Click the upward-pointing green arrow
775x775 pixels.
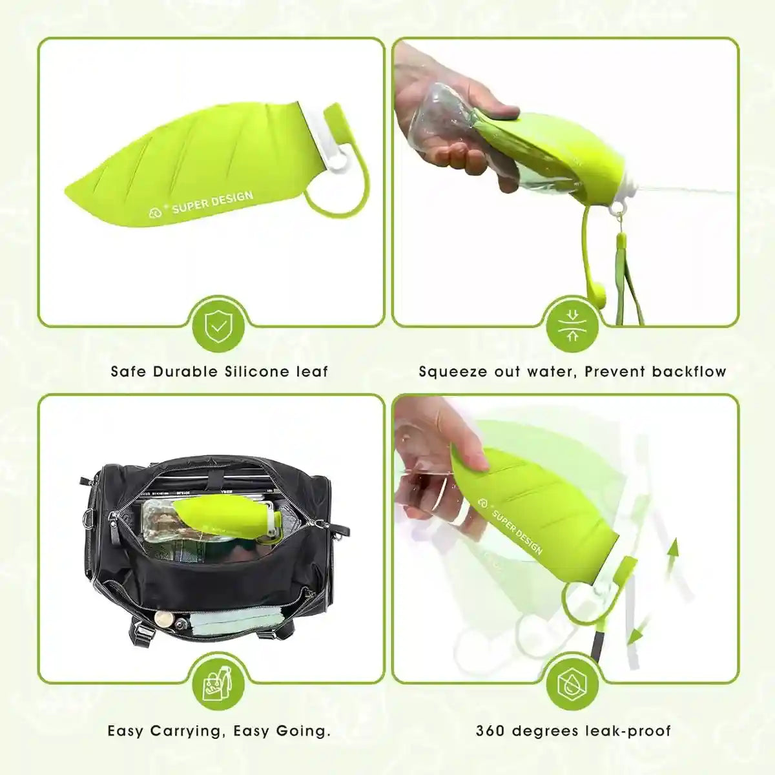pyautogui.click(x=674, y=550)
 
